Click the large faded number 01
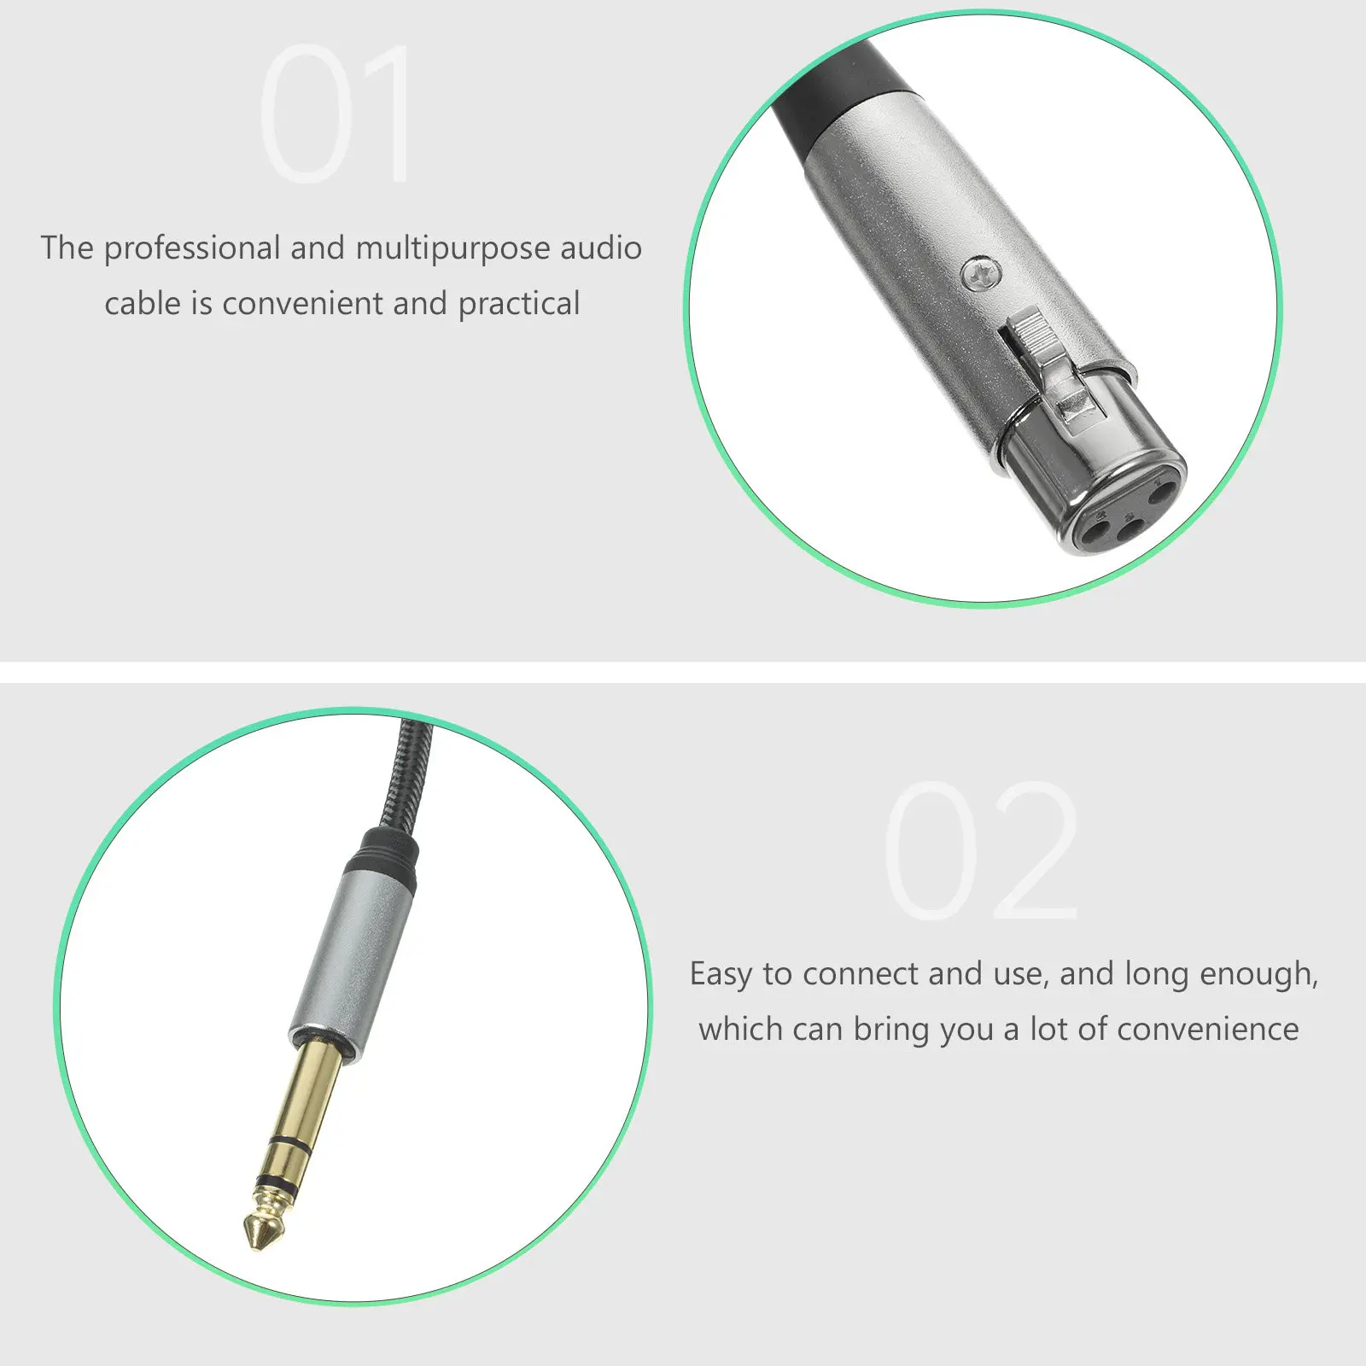tap(335, 114)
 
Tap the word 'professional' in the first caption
tap(192, 248)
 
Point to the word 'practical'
tap(519, 304)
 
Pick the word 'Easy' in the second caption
tap(721, 974)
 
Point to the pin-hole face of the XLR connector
tap(1125, 512)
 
